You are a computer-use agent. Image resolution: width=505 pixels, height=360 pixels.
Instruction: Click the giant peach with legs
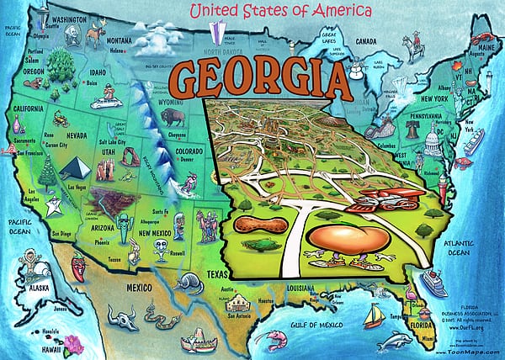pos(348,236)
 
